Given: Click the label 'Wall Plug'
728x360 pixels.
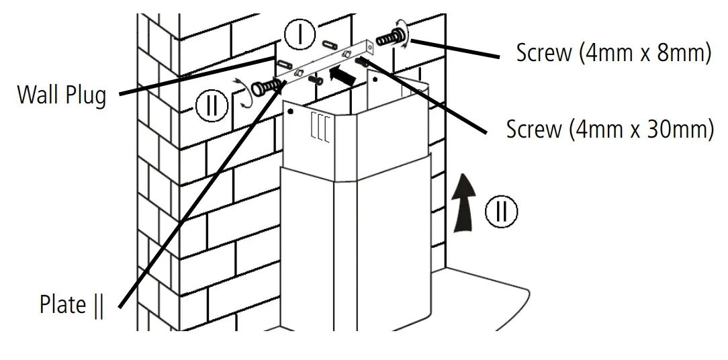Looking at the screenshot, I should click(62, 95).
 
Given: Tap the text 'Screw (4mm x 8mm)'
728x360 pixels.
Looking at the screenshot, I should click(613, 53).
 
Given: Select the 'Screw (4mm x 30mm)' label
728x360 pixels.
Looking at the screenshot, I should click(609, 130).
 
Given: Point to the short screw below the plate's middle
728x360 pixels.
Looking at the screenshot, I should click(315, 80).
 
